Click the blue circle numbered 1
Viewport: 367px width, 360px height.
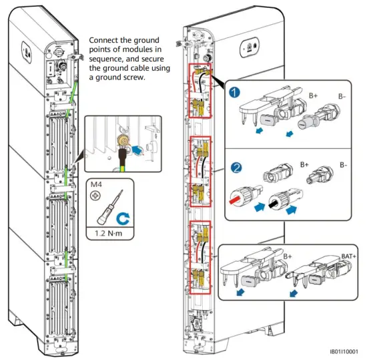(x=234, y=92)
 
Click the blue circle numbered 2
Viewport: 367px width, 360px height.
(x=236, y=168)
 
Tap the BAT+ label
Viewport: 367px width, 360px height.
(x=348, y=256)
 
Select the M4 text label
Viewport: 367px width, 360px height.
(x=96, y=184)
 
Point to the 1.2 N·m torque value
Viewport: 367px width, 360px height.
(x=108, y=233)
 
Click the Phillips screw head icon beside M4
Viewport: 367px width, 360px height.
(x=95, y=195)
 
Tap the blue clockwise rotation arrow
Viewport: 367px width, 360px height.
(x=123, y=218)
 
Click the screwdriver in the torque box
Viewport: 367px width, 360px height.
(x=110, y=207)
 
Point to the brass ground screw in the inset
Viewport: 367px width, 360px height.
(x=123, y=141)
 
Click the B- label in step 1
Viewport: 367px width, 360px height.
(x=342, y=96)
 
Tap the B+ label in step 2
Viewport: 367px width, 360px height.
(x=304, y=165)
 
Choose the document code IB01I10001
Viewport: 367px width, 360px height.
(x=344, y=351)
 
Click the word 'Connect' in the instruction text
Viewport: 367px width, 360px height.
(x=103, y=40)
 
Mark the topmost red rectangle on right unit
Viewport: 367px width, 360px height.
(x=200, y=90)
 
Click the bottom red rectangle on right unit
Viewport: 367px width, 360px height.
(x=200, y=257)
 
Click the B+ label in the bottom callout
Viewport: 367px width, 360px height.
(x=288, y=256)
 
